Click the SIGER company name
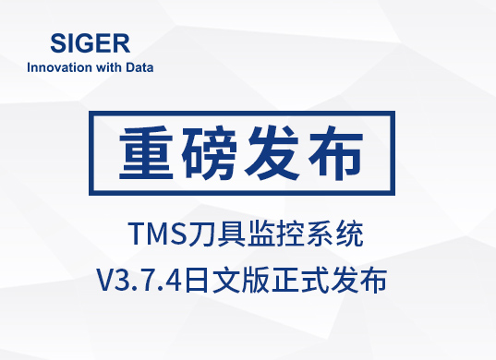pyautogui.click(x=91, y=43)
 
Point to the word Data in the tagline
pyautogui.click(x=139, y=67)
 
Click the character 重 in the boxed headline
pyautogui.click(x=146, y=153)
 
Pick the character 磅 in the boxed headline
pyautogui.click(x=209, y=153)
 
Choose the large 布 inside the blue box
pyautogui.click(x=336, y=153)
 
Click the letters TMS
pyautogui.click(x=157, y=234)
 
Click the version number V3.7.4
pyautogui.click(x=139, y=280)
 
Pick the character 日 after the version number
pyautogui.click(x=197, y=280)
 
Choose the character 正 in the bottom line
pyautogui.click(x=284, y=280)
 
